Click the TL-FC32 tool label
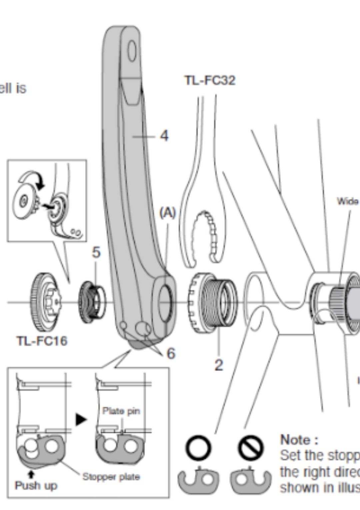pyautogui.click(x=210, y=80)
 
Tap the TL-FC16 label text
pyautogui.click(x=42, y=340)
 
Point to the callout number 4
pyautogui.click(x=164, y=136)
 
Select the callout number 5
pyautogui.click(x=96, y=252)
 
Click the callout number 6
pyautogui.click(x=171, y=353)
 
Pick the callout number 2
pyautogui.click(x=218, y=365)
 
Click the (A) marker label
pyautogui.click(x=167, y=213)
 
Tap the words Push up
pyautogui.click(x=36, y=485)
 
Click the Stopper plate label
pyautogui.click(x=111, y=477)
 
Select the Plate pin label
pyautogui.click(x=121, y=411)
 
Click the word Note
pyautogui.click(x=299, y=440)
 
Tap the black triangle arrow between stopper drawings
pyautogui.click(x=81, y=419)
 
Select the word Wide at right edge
pyautogui.click(x=348, y=201)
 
